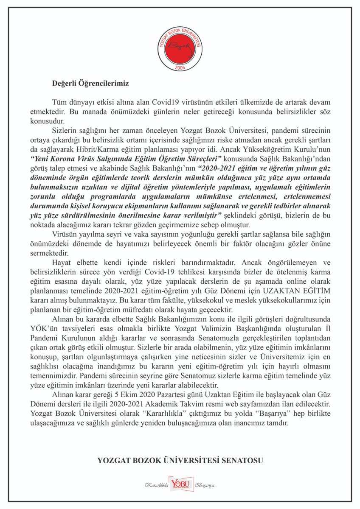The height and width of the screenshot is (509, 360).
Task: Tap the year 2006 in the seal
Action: point(180,67)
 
